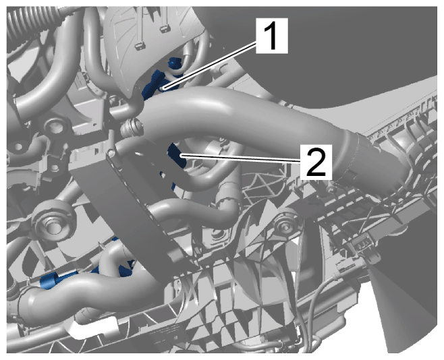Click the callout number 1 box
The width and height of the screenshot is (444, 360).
coord(272,36)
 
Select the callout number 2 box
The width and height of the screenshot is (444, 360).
coord(316,162)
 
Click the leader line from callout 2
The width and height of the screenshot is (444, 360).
coord(240,158)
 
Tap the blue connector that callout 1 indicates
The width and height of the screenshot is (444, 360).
coord(155,84)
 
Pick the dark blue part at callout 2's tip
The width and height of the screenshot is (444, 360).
coord(176,155)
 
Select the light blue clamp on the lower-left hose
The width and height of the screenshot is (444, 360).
coord(49,281)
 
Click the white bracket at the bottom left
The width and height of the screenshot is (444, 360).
coord(93,327)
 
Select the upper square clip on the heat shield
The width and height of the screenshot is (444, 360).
coord(164,28)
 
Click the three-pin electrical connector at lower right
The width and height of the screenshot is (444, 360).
coord(360,245)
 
